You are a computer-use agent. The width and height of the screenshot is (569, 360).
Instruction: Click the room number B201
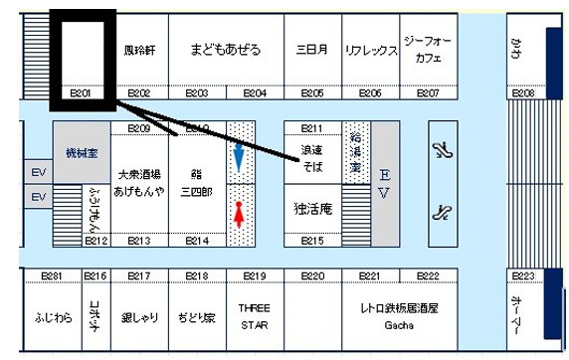pyautogui.click(x=82, y=93)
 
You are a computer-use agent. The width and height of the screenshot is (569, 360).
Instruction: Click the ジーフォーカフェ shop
pyautogui.click(x=428, y=50)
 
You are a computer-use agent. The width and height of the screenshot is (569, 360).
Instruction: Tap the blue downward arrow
pyautogui.click(x=239, y=158)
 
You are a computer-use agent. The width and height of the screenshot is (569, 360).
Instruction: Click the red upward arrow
pyautogui.click(x=239, y=214)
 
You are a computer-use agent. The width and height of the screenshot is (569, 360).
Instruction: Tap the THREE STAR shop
pyautogui.click(x=255, y=316)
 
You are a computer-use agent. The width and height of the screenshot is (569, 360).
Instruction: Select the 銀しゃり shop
pyautogui.click(x=138, y=318)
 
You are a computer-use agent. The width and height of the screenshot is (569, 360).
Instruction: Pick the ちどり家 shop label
pyautogui.click(x=195, y=318)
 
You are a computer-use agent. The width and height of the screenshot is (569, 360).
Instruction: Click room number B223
pyautogui.click(x=524, y=276)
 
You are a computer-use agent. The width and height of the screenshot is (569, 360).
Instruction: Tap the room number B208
pyautogui.click(x=524, y=93)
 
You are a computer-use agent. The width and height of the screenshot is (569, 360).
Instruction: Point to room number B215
pyautogui.click(x=311, y=241)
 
